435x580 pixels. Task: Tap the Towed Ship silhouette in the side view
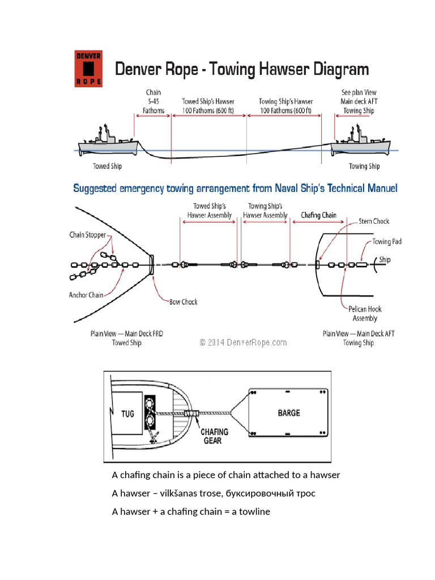(x=108, y=142)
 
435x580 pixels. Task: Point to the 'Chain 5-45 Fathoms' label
(x=153, y=101)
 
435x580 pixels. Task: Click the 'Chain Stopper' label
(x=87, y=235)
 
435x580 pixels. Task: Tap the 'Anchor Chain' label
(x=86, y=295)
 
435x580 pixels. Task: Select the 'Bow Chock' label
(x=184, y=302)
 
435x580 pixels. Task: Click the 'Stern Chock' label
(x=374, y=221)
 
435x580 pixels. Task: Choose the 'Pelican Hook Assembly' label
(x=365, y=314)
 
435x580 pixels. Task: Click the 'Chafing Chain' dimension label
(x=318, y=215)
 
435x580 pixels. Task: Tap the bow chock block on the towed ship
(x=151, y=265)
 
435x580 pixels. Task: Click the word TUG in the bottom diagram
(x=127, y=413)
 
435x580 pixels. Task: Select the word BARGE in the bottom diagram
(x=289, y=413)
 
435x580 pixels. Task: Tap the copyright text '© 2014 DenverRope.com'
(x=244, y=342)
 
